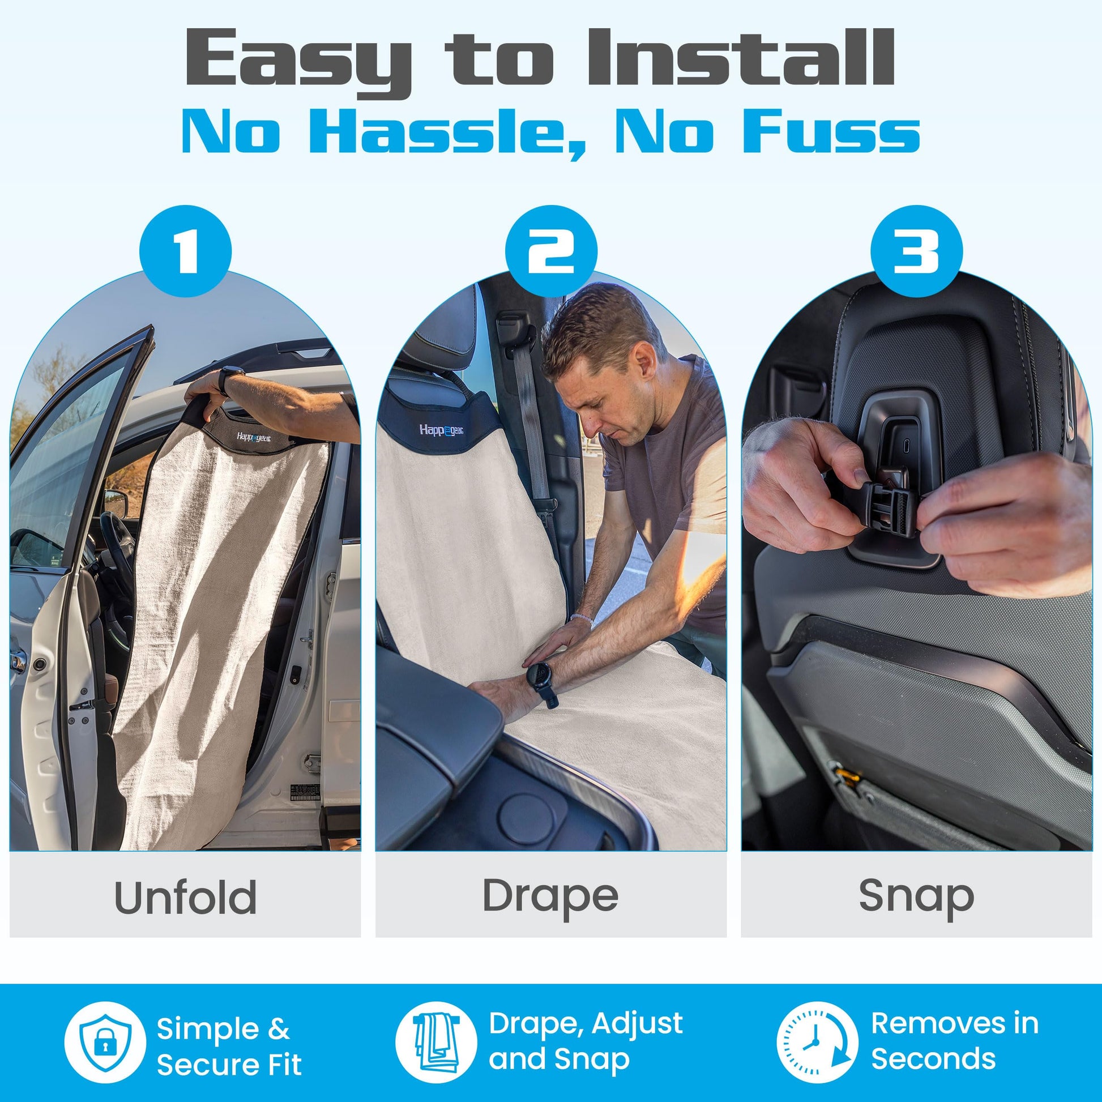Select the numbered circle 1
pyautogui.click(x=185, y=251)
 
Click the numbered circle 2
pyautogui.click(x=551, y=251)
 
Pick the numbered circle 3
pyautogui.click(x=917, y=251)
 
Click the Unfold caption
pyautogui.click(x=185, y=897)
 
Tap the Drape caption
pyautogui.click(x=550, y=898)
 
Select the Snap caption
pyautogui.click(x=917, y=898)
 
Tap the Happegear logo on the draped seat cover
pyautogui.click(x=442, y=430)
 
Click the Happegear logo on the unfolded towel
pyautogui.click(x=255, y=437)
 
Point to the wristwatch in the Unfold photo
pyautogui.click(x=231, y=379)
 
